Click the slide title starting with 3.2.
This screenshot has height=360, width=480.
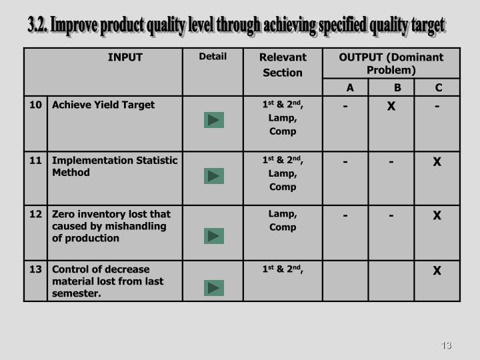tap(236, 26)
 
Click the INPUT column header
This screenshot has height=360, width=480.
tap(125, 57)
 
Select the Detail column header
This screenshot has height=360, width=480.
tap(213, 57)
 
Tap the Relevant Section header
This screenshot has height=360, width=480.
tap(283, 65)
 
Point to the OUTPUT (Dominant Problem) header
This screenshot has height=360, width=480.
tap(391, 63)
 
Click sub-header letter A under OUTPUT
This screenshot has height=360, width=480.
tap(350, 88)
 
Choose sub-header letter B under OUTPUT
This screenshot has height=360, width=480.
tap(397, 88)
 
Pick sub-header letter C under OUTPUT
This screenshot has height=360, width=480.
tap(438, 88)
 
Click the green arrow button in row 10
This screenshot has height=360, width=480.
tap(214, 120)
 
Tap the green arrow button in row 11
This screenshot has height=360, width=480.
tap(214, 176)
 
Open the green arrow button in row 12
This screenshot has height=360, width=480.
tap(214, 236)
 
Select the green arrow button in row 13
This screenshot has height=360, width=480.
tap(214, 288)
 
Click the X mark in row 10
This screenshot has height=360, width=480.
tap(391, 107)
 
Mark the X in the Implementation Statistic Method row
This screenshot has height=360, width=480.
tap(437, 161)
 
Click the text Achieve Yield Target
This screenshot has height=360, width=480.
tap(103, 105)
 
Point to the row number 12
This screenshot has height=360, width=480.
tap(35, 214)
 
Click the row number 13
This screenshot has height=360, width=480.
tap(35, 269)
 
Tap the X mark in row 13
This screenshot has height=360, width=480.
tap(437, 271)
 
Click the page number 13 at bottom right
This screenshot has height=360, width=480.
tap(446, 345)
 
